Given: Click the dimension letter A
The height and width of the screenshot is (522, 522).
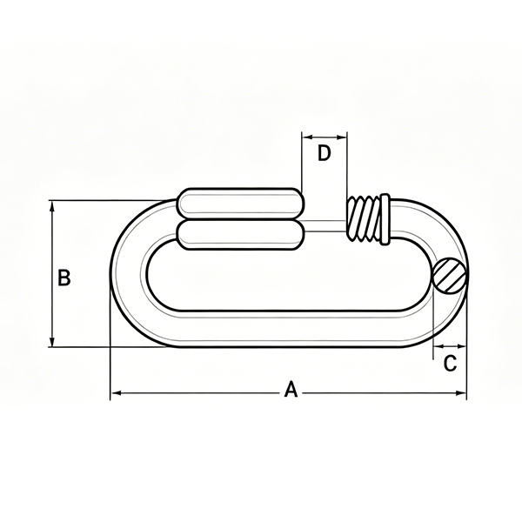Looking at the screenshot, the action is tap(291, 389).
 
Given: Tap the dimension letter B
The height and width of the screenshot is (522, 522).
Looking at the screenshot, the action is tap(64, 278).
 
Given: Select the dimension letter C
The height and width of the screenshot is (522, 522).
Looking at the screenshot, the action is tap(450, 363).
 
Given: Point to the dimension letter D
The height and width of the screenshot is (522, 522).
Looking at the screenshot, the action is tap(324, 153).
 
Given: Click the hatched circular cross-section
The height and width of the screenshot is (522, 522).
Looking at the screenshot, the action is tap(450, 276).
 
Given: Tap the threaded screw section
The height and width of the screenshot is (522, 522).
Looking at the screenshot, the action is tap(364, 218).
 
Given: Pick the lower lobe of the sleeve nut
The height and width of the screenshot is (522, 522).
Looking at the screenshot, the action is tap(241, 235).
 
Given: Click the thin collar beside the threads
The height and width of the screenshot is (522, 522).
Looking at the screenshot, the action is tap(385, 219).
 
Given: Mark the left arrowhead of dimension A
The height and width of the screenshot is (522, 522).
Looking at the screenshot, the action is tap(115, 393).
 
